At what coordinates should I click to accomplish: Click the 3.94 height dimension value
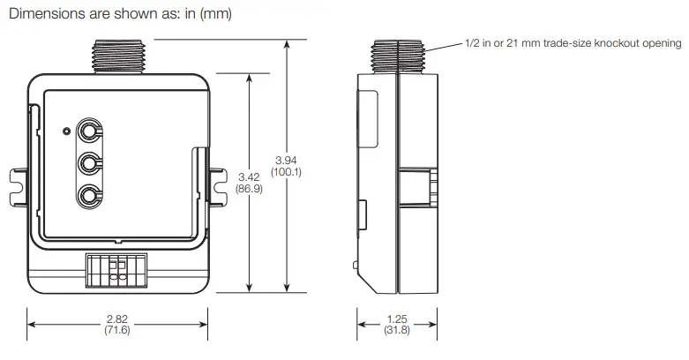(x=286, y=161)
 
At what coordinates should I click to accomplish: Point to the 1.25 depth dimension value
(x=397, y=319)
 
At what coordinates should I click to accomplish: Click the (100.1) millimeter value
(x=286, y=172)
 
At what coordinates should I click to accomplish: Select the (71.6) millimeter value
(x=116, y=330)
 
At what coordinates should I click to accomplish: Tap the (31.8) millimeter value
(x=397, y=330)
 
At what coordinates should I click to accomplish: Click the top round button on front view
(x=89, y=131)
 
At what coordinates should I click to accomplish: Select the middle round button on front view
(x=89, y=163)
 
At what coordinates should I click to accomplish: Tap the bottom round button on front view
(x=89, y=195)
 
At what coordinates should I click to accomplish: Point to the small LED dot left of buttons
(x=67, y=131)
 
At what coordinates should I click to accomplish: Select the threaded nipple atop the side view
(x=399, y=55)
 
